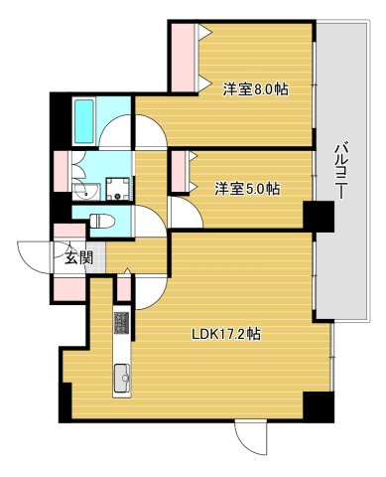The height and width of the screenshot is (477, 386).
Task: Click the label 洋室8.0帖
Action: [255, 88]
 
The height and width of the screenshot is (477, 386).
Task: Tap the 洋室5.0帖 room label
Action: [246, 188]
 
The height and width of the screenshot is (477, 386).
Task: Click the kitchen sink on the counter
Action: [121, 379]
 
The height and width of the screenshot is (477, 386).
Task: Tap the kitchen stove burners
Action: [121, 323]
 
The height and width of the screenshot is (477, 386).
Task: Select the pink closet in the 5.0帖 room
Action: [178, 172]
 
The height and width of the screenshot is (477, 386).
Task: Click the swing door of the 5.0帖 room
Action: [184, 213]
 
